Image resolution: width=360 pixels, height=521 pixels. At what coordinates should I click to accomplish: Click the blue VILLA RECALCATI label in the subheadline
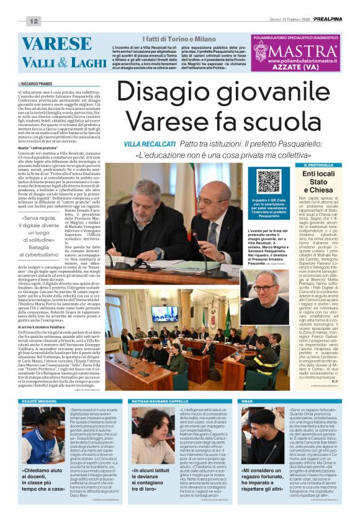tap(146, 143)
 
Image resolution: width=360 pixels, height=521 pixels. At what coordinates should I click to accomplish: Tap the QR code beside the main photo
tap(269, 181)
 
